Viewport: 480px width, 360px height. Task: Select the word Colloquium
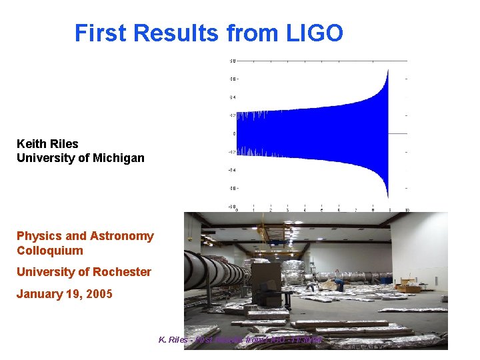50,251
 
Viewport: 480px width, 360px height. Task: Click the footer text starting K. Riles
240,341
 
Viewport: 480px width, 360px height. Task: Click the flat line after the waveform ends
398,133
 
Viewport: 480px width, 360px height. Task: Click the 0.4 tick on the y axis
233,97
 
